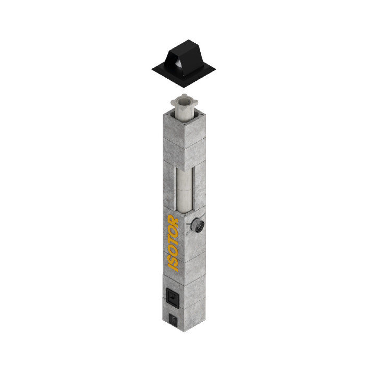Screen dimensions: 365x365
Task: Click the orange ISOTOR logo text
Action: coord(173,243)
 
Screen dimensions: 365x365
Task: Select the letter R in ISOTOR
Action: coord(173,219)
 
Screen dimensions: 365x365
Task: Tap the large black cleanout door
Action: coord(173,298)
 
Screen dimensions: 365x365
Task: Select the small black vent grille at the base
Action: coord(173,320)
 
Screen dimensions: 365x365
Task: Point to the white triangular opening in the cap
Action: coord(179,64)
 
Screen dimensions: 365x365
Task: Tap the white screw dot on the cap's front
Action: coord(184,75)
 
